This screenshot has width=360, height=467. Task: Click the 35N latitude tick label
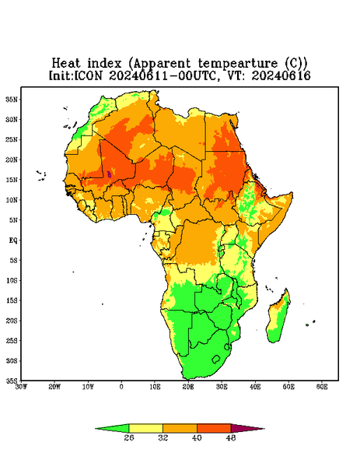click(x=12, y=99)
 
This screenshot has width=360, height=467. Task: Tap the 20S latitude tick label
click(x=12, y=321)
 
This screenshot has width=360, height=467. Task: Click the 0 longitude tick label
click(x=121, y=387)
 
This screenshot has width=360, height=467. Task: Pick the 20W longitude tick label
click(x=54, y=387)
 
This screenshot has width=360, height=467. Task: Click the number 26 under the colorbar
click(x=129, y=437)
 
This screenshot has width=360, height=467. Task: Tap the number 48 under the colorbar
click(x=231, y=437)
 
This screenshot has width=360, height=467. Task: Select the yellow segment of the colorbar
click(x=145, y=429)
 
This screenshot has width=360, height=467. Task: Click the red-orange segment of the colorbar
click(x=214, y=429)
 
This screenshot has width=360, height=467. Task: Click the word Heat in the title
click(x=66, y=64)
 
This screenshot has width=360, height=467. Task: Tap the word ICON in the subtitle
click(x=88, y=75)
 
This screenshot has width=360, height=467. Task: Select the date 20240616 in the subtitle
click(x=281, y=75)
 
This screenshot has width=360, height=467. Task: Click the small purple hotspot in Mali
click(x=109, y=174)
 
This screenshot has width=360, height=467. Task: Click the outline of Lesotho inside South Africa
click(x=212, y=360)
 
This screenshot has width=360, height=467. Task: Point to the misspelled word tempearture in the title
click(x=238, y=64)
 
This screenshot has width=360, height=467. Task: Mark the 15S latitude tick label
click(x=12, y=300)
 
